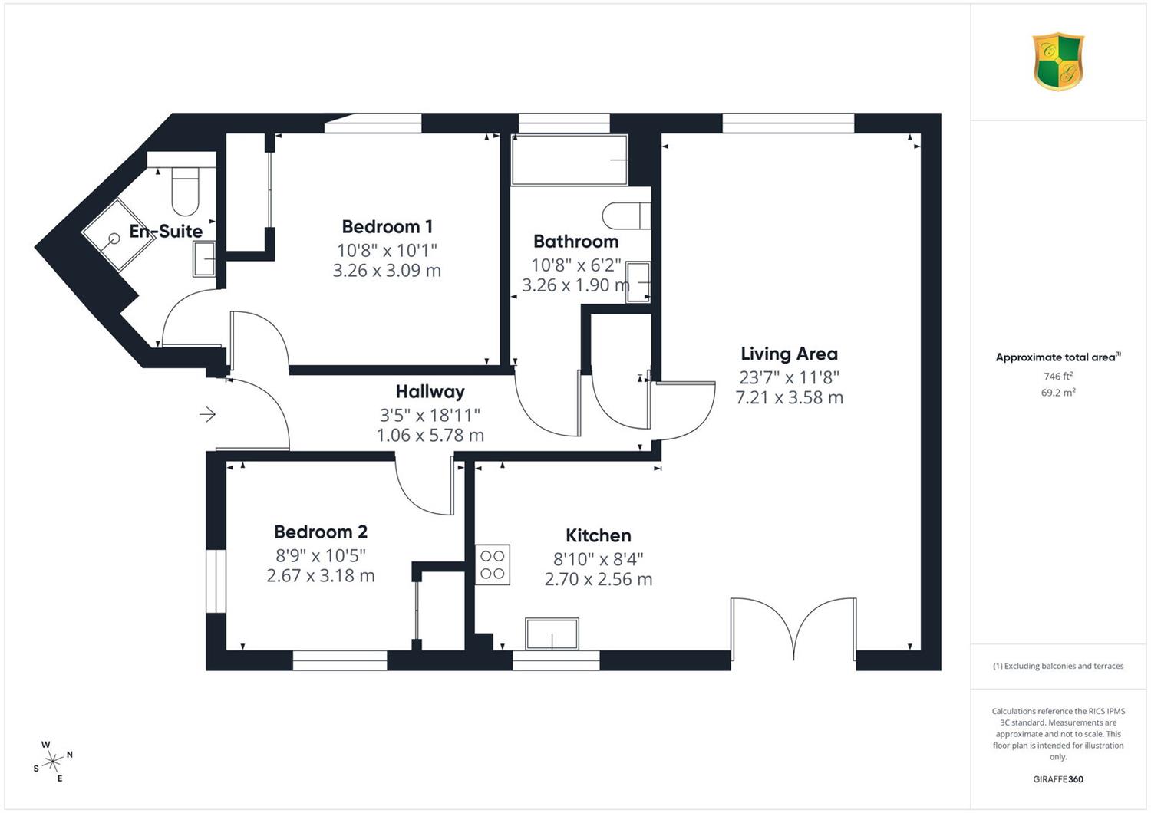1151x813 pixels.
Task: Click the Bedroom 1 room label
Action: [387, 226]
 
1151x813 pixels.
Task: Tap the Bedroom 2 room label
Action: [321, 532]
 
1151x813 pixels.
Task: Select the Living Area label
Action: [790, 354]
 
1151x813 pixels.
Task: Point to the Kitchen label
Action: [598, 535]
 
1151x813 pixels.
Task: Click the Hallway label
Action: [430, 392]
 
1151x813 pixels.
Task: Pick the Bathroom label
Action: [575, 242]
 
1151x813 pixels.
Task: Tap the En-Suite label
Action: [166, 231]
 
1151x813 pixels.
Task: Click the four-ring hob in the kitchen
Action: [493, 564]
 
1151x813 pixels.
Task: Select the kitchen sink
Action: [552, 634]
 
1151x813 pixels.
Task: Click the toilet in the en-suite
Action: [185, 191]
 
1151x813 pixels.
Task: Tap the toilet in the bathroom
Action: [626, 216]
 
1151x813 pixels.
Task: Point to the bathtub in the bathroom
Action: [569, 160]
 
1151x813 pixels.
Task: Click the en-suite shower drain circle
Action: [114, 239]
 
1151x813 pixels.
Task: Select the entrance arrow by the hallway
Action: [208, 414]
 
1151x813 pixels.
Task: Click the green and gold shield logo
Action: [1058, 61]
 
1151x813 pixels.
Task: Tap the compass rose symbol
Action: [53, 761]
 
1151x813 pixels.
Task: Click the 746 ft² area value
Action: [1058, 376]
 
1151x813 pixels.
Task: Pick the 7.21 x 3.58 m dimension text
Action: [790, 397]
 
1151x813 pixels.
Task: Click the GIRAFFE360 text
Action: [1058, 779]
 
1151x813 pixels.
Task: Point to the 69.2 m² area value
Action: [1058, 393]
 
